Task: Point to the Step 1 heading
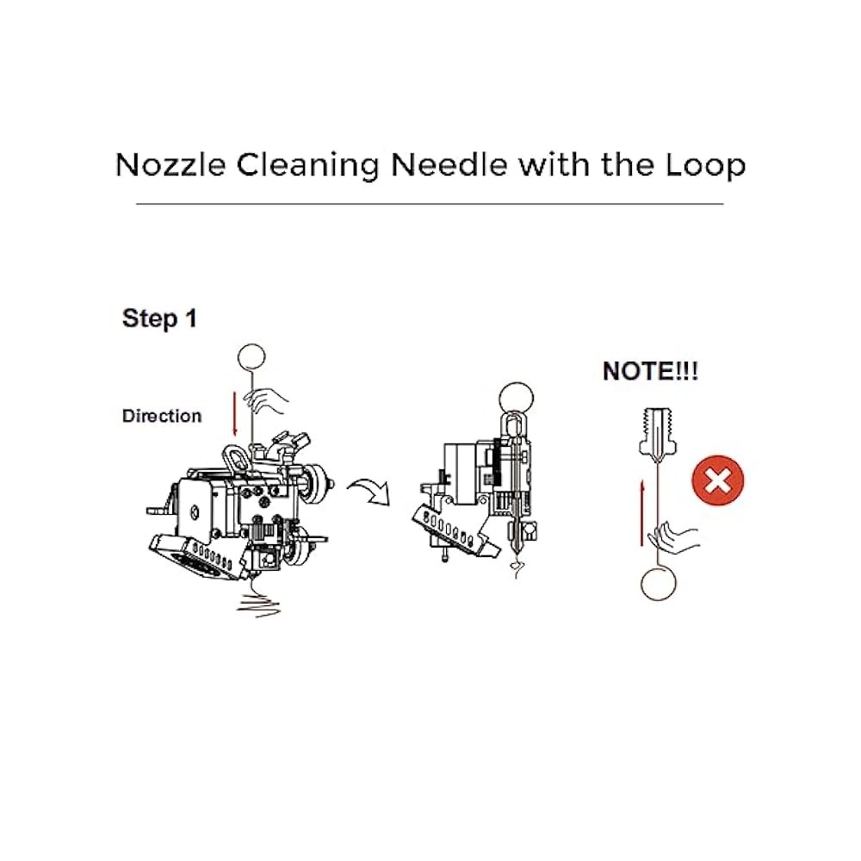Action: pos(159,319)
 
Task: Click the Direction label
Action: pos(162,416)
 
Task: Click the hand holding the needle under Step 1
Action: pos(267,398)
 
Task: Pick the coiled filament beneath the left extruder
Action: pos(257,601)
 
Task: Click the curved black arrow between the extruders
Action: pos(369,492)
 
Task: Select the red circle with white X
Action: pos(716,480)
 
